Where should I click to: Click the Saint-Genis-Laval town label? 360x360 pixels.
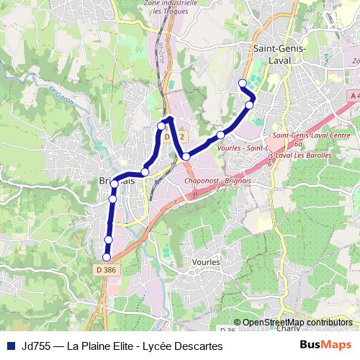pyautogui.click(x=280, y=54)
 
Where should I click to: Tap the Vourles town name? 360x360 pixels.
pyautogui.click(x=205, y=263)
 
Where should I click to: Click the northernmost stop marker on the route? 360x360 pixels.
pyautogui.click(x=243, y=83)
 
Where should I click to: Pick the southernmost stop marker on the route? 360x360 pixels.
pyautogui.click(x=107, y=257)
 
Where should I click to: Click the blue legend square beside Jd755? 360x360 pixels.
pyautogui.click(x=9, y=346)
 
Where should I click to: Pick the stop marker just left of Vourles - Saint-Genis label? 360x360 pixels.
pyautogui.click(x=221, y=135)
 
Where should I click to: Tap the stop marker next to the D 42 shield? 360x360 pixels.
pyautogui.click(x=161, y=126)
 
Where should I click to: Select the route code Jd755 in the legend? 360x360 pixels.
pyautogui.click(x=35, y=346)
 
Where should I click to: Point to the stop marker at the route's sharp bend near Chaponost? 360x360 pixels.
pyautogui.click(x=186, y=156)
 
